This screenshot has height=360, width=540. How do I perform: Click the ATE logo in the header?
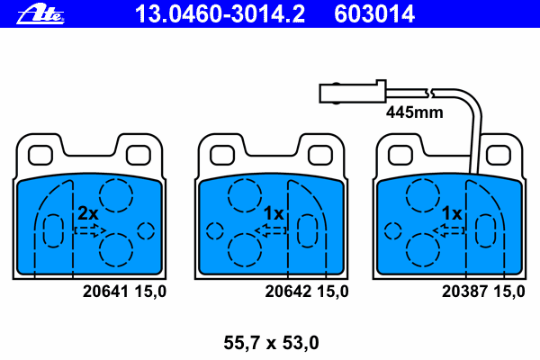(x=40, y=14)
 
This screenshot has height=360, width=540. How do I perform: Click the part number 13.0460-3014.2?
(x=220, y=14)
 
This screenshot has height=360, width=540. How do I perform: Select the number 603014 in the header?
(x=374, y=14)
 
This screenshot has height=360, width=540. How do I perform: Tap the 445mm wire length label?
(x=414, y=112)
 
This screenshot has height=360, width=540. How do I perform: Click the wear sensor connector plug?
(x=353, y=92)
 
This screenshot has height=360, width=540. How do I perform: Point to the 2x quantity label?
(x=88, y=213)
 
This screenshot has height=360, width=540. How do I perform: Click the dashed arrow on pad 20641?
(x=91, y=230)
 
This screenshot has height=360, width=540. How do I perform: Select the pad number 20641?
(x=105, y=292)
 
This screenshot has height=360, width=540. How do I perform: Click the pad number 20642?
(x=288, y=292)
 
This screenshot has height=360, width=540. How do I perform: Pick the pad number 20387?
(x=464, y=292)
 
